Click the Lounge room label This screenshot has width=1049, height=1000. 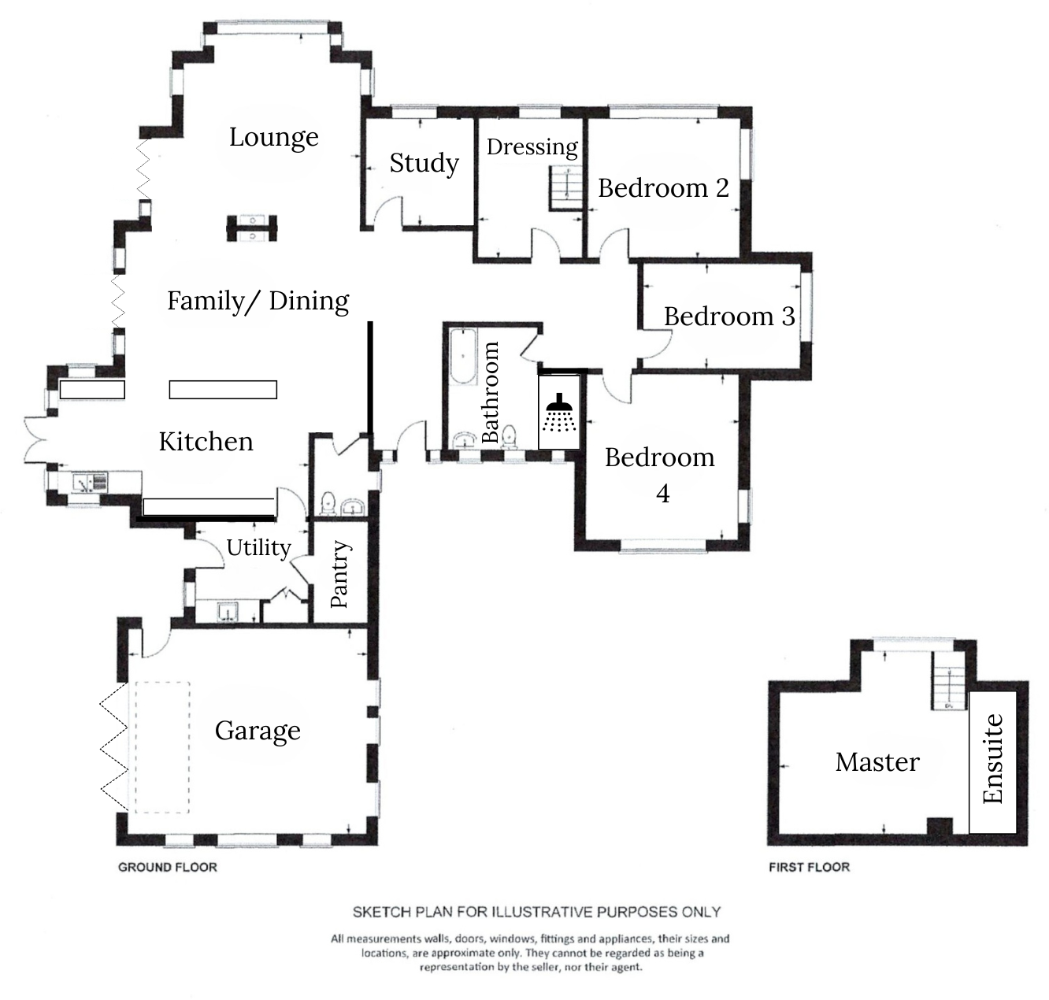273,137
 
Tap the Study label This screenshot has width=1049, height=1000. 424,163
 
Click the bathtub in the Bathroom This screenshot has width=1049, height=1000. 464,358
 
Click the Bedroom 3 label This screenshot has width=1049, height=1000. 729,317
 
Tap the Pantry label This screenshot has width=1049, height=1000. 339,574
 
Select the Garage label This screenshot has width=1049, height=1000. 258,731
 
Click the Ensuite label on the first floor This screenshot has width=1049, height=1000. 993,758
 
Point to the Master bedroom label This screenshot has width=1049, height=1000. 877,762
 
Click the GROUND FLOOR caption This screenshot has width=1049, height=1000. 167,867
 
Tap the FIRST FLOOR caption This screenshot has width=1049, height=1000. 809,867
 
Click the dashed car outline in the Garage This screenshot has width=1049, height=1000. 162,747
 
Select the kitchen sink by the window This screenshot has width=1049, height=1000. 91,482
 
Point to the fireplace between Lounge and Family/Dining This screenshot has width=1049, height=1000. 252,228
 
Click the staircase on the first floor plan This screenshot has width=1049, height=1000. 949,682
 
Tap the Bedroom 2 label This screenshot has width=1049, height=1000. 663,188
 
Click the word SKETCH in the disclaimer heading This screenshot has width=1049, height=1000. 381,912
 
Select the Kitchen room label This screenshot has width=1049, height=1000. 206,442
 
